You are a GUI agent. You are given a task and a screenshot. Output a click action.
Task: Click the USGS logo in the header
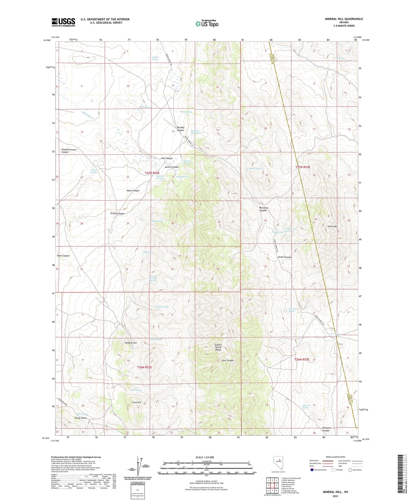coord(63,22)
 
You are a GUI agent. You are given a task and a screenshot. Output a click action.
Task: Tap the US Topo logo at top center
coord(207,24)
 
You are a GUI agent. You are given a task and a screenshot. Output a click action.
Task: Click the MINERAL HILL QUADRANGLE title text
coord(344,19)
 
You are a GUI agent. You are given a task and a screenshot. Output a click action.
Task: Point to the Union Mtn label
coord(333,226)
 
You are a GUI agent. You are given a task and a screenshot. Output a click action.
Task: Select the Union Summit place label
coord(285,257)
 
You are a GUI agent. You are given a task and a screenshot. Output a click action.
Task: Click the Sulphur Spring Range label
coord(218,347)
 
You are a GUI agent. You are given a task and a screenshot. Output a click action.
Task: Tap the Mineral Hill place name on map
coord(131,343)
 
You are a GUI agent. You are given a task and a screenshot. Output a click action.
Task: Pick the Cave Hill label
coord(136,402)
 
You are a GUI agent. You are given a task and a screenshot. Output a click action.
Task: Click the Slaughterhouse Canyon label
coord(69,151)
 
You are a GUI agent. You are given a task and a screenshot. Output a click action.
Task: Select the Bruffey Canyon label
coord(181,129)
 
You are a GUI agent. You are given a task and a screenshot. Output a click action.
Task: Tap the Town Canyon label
coord(63,256)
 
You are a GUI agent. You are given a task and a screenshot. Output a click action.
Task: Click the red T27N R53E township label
coord(303,167)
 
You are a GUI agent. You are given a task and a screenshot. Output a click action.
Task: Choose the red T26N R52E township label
coord(144,367)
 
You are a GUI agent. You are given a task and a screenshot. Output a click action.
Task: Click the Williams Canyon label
coord(326,429)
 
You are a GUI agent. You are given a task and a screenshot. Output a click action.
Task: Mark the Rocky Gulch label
coord(81,418)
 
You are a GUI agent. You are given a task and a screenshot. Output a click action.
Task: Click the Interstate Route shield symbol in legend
coord(312,470)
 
